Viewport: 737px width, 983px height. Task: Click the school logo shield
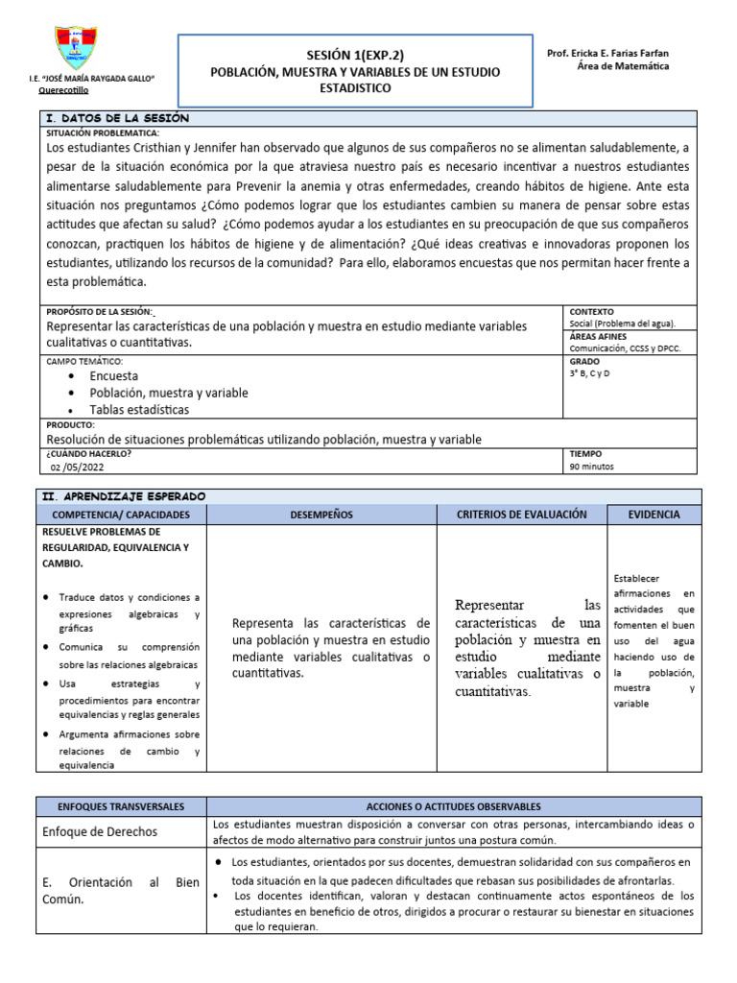tap(77, 47)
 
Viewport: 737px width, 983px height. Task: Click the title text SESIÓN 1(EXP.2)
tap(355, 55)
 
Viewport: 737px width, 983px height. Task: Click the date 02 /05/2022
tap(86, 467)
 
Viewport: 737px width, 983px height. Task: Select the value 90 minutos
tap(592, 467)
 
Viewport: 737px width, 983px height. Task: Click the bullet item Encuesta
tap(113, 376)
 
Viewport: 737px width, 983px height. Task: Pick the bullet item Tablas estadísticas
tap(139, 409)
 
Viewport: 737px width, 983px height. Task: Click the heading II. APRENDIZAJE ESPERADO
tap(125, 495)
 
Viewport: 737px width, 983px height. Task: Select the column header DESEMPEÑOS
tap(321, 515)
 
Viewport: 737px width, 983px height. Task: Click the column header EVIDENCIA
tap(654, 515)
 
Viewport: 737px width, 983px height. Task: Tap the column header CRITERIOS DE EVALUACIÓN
tap(522, 515)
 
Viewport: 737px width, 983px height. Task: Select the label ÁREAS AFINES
tap(598, 337)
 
